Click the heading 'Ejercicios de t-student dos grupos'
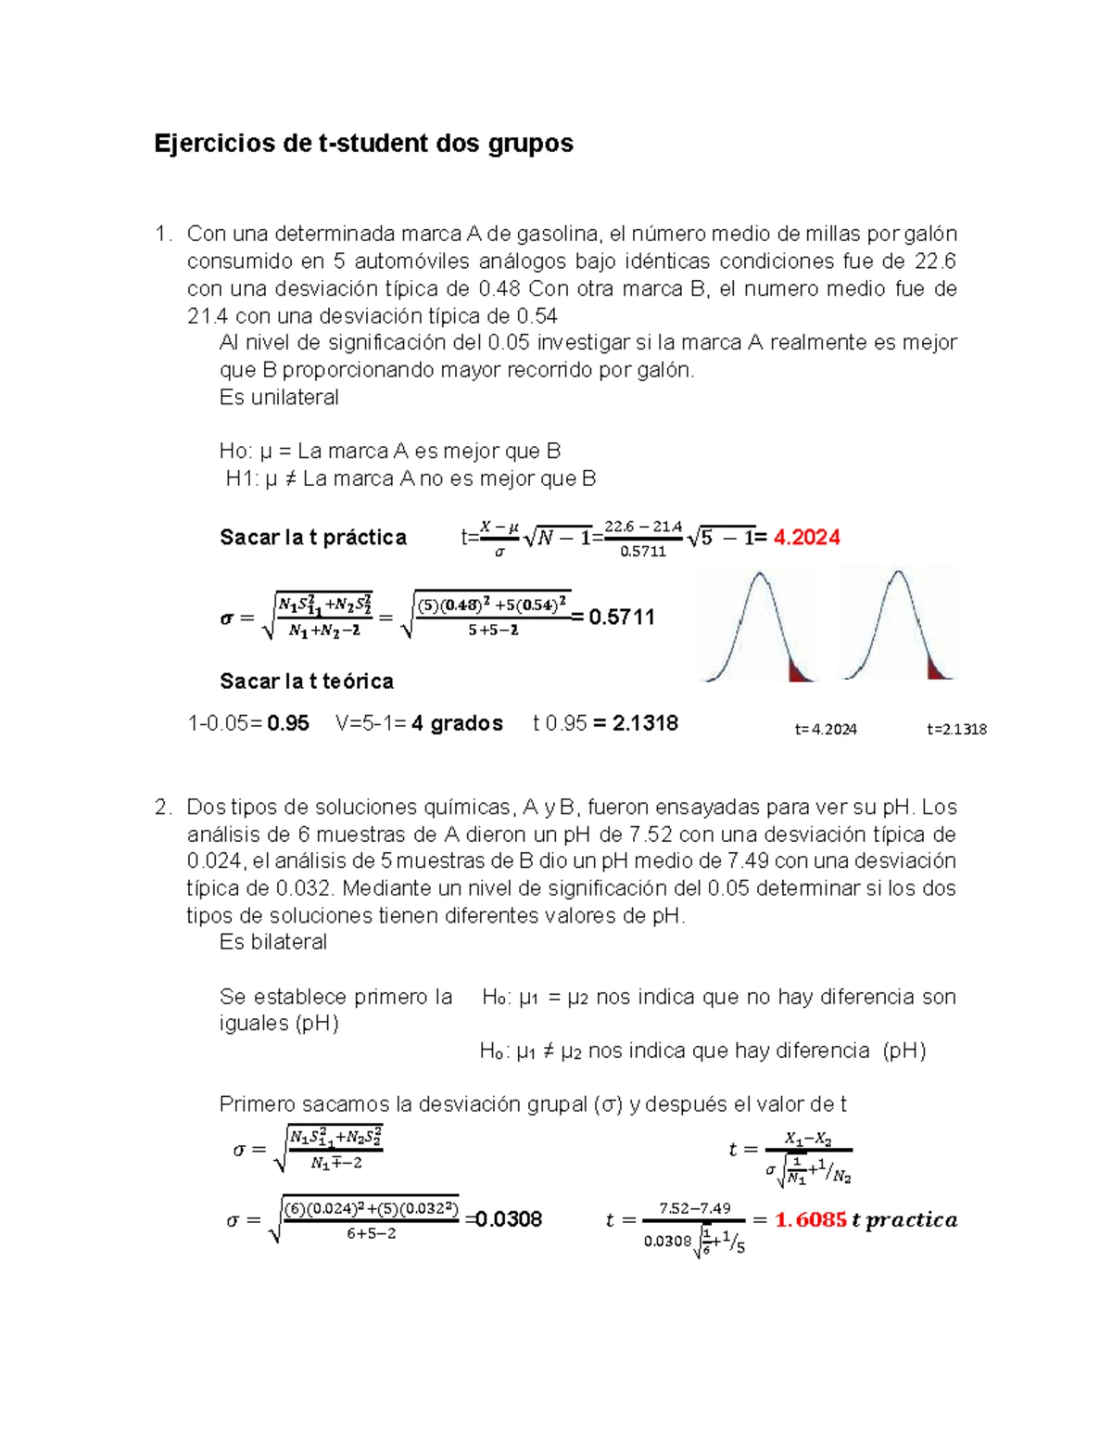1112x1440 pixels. point(363,144)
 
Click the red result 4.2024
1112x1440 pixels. point(806,538)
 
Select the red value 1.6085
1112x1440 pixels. point(810,1220)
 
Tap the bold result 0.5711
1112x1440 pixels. point(621,618)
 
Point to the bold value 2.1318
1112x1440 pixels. point(645,723)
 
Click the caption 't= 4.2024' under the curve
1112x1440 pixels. point(826,730)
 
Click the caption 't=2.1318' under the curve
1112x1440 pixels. point(956,730)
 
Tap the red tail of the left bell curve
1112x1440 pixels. point(799,672)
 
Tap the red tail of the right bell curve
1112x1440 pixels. point(938,669)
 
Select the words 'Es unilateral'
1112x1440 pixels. point(279,398)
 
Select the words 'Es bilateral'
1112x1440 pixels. point(273,942)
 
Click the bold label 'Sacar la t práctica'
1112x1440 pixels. point(313,538)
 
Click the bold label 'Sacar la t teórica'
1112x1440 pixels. point(307,682)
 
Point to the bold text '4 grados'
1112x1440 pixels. point(457,723)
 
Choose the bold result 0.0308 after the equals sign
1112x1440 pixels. point(509,1219)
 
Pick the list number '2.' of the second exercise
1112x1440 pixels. point(163,808)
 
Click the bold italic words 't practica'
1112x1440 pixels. point(904,1220)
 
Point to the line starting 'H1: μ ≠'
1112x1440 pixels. point(411,479)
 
